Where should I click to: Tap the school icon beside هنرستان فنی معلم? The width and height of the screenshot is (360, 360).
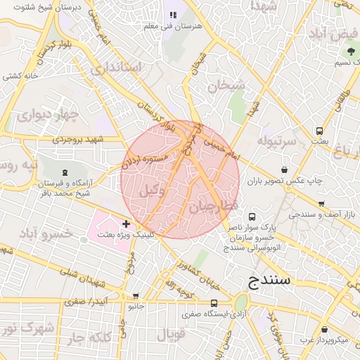[x=173, y=15]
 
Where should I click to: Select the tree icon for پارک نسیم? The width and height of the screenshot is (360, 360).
[x=351, y=51]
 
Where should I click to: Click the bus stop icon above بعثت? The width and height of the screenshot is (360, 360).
[x=320, y=131]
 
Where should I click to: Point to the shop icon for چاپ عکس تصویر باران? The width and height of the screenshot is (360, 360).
[x=284, y=169]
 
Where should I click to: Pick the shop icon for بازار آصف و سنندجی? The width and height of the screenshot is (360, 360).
[x=321, y=204]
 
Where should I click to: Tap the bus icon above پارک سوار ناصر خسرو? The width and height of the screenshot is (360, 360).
[x=252, y=218]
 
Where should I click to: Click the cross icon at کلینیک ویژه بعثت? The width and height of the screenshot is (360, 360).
[x=126, y=224]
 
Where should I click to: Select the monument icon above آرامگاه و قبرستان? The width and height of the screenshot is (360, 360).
[x=65, y=171]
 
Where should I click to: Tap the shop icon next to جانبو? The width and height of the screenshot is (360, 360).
[x=136, y=296]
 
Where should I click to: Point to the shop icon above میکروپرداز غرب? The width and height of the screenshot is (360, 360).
[x=324, y=329]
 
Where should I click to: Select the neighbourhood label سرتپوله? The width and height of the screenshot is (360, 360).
[x=278, y=141]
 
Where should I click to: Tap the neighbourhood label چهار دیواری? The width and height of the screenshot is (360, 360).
[x=44, y=115]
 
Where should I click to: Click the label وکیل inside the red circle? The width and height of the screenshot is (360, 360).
[x=153, y=189]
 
